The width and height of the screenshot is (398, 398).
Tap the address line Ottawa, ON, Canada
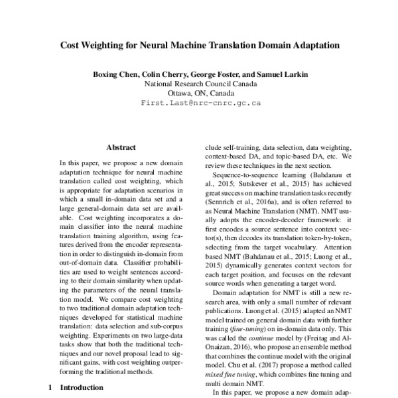(200, 94)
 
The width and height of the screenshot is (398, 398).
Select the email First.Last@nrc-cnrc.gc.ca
(200, 103)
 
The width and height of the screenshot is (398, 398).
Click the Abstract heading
(121, 147)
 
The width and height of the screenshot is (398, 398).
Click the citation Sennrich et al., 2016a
(242, 209)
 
